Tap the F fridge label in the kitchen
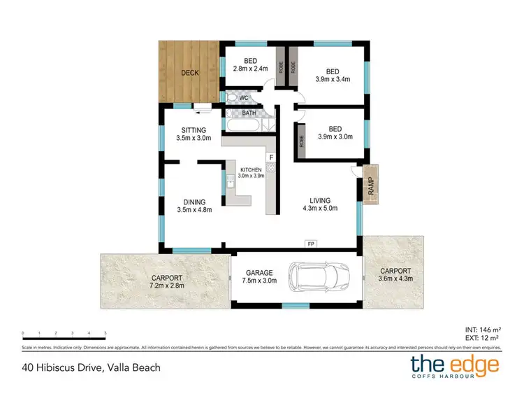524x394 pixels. coord(271,157)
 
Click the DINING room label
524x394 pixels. coord(194,202)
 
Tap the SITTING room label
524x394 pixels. coord(194,130)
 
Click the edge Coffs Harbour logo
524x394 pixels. coord(454,366)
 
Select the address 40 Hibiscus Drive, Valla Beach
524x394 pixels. coord(90,367)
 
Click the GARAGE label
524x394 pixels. coord(259,272)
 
